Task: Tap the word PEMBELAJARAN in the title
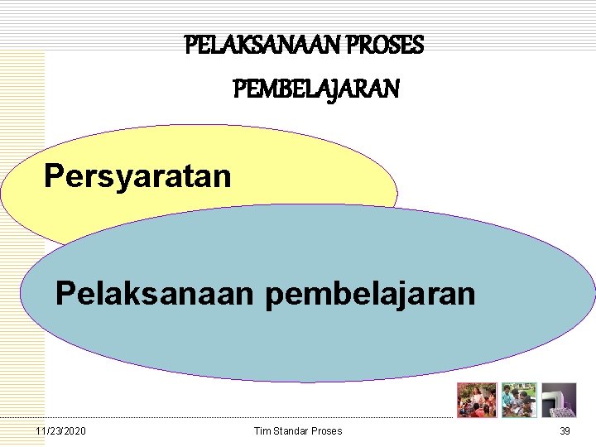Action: (316, 88)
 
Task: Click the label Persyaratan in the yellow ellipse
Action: (137, 175)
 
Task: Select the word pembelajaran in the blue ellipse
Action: (371, 293)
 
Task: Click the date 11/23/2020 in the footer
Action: (60, 431)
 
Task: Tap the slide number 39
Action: (565, 431)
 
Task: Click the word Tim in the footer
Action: (262, 431)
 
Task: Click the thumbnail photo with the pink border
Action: (477, 400)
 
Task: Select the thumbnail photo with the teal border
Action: (519, 400)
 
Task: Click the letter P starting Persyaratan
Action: (53, 175)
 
